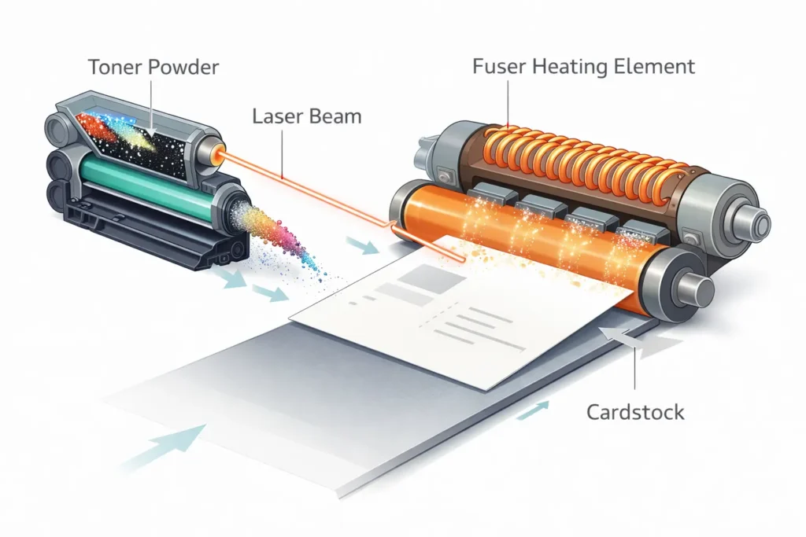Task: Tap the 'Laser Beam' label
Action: click(306, 118)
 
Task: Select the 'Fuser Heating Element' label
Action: click(583, 67)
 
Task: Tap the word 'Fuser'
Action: click(498, 67)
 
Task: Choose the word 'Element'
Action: click(657, 67)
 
